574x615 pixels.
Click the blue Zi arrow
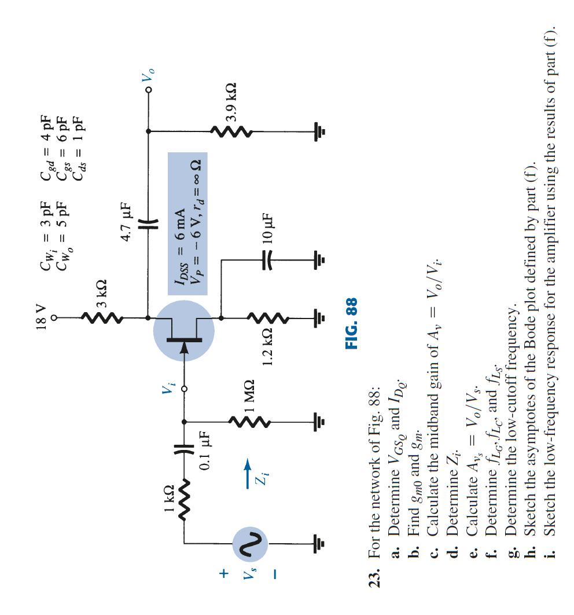248,472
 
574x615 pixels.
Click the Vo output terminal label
149,76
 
